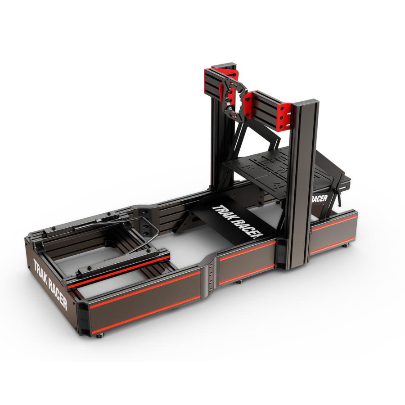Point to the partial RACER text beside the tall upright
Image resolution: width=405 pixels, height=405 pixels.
click(x=319, y=198)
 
